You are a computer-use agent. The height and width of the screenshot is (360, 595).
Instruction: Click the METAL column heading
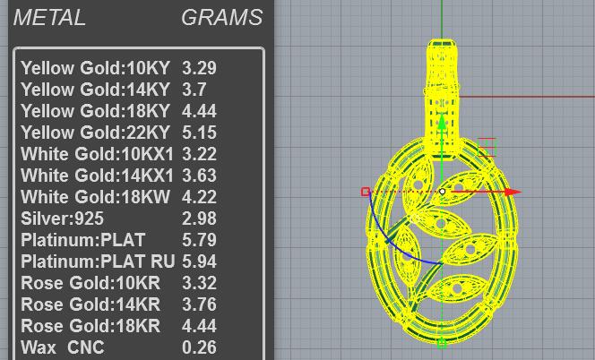tap(49, 18)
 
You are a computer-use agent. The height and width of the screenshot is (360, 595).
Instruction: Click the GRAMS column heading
tap(222, 18)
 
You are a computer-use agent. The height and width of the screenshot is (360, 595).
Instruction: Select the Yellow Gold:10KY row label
tap(95, 68)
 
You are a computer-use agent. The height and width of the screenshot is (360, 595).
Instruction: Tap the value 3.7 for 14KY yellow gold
tap(194, 90)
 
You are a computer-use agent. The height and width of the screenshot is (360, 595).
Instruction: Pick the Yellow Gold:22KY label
tap(95, 133)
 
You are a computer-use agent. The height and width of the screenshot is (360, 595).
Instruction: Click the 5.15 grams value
tap(199, 133)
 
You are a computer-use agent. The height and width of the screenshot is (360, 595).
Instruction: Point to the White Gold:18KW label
tap(95, 197)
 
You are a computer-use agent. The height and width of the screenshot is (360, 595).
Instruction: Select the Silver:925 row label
tap(62, 219)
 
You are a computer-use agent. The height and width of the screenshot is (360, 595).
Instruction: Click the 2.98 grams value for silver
tap(199, 219)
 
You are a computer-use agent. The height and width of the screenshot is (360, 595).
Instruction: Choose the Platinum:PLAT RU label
tap(98, 261)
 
